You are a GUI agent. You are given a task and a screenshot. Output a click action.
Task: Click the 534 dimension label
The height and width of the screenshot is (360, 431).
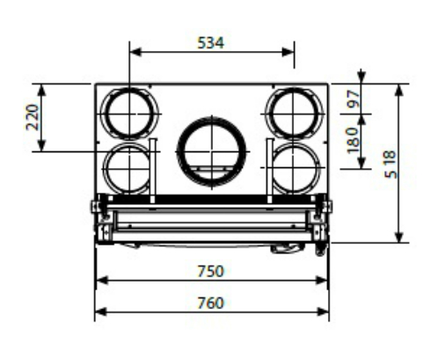[x=211, y=43]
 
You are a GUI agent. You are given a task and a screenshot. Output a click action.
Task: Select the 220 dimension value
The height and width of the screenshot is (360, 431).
[x=33, y=117]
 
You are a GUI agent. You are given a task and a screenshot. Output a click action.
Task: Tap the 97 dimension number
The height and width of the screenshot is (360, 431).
[x=354, y=99]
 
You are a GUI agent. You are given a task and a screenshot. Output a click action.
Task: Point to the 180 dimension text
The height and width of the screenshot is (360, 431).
[x=354, y=140]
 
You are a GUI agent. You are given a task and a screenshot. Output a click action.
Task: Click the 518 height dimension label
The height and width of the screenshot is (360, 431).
[x=391, y=164]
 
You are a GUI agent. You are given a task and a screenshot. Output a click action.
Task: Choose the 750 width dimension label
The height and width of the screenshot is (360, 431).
[x=210, y=271]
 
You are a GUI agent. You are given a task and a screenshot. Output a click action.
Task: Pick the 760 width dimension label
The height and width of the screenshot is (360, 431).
[x=210, y=303]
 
